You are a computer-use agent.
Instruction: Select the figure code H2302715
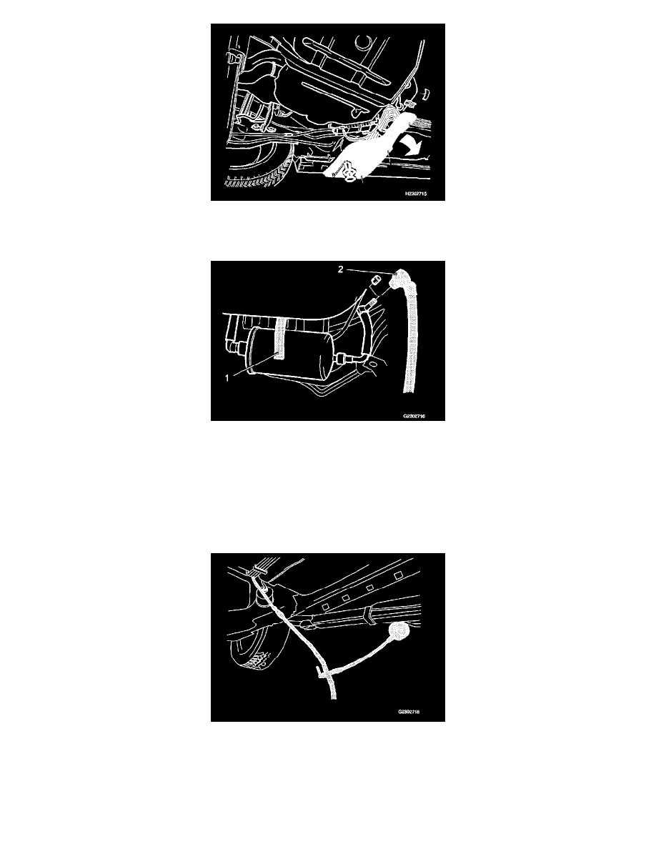[421, 194]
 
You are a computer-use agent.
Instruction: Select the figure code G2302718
[420, 712]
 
